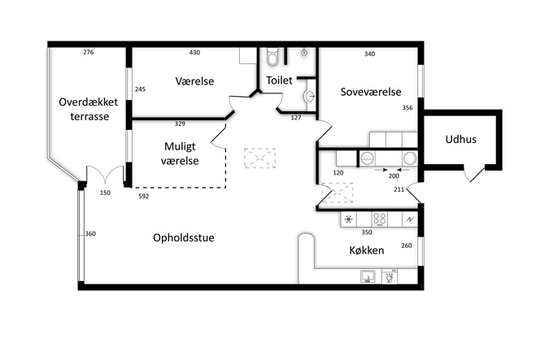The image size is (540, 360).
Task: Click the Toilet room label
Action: click(x=279, y=80)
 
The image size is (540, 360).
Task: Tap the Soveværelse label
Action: click(x=371, y=92)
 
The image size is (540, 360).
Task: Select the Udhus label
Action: click(x=461, y=140)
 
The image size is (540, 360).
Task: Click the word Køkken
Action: click(x=367, y=250)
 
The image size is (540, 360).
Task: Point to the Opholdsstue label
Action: click(x=184, y=238)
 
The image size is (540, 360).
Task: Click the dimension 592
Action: click(x=144, y=196)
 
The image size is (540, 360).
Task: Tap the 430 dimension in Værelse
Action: click(x=194, y=52)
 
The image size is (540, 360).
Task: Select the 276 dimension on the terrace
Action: click(x=89, y=52)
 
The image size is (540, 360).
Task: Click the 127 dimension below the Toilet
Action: click(x=296, y=118)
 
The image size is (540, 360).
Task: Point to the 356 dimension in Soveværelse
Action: click(x=407, y=108)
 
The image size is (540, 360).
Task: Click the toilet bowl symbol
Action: click(x=272, y=57)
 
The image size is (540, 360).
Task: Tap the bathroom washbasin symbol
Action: click(x=309, y=96)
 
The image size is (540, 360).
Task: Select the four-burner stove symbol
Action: click(x=380, y=219)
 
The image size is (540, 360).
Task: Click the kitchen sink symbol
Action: click(x=368, y=276)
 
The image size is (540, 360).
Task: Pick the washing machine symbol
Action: click(x=368, y=158)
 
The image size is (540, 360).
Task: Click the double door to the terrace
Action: click(x=105, y=176)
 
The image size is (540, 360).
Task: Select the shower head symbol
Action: click(x=304, y=54)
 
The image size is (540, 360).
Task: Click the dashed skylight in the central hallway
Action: click(x=260, y=158)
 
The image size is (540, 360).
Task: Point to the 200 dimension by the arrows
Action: click(x=394, y=176)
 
